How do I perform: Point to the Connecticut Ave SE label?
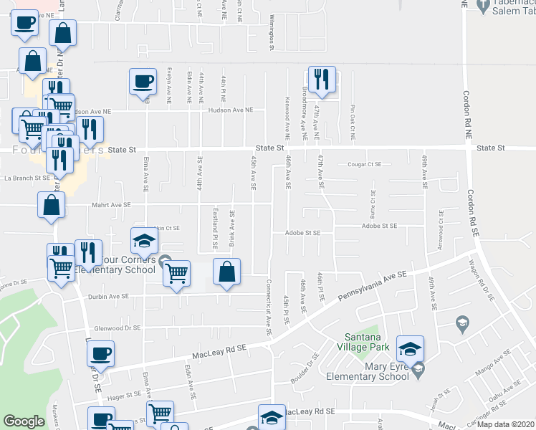[x=269, y=308]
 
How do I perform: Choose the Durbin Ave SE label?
[x=108, y=295]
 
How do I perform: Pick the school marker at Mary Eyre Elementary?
[x=410, y=349]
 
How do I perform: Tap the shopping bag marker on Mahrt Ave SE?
[x=53, y=206]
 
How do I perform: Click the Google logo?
[x=24, y=421]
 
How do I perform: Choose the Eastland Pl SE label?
[x=215, y=228]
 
